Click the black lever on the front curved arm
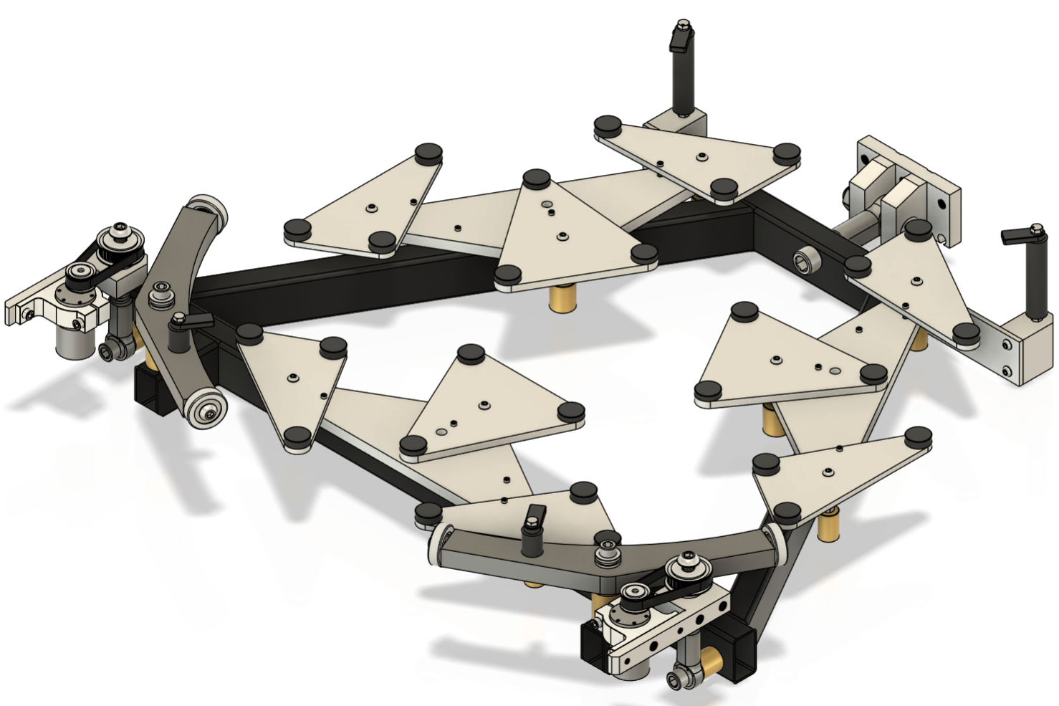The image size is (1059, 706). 533,529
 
